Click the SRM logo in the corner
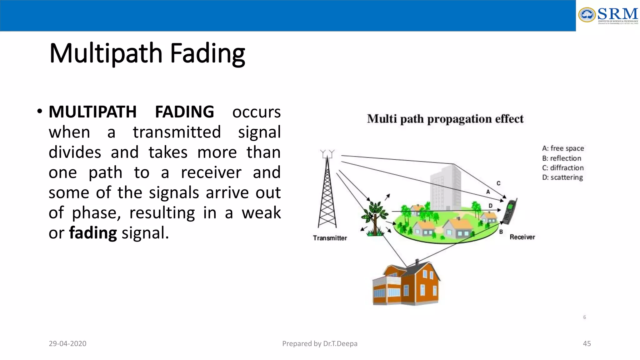tap(608, 15)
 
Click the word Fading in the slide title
tap(207, 53)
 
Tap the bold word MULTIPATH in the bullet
tap(92, 112)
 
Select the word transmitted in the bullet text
tap(177, 132)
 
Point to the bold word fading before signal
tap(93, 233)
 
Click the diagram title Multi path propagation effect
tap(445, 119)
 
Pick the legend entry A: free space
tap(563, 148)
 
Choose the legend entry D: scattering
tap(562, 177)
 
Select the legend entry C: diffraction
tap(562, 168)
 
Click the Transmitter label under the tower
tap(330, 238)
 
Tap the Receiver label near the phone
tap(522, 237)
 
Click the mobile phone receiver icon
tap(510, 212)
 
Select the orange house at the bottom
tap(406, 284)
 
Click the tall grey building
tap(446, 187)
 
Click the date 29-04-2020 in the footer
tap(67, 344)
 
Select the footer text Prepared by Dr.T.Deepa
tap(320, 344)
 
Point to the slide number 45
tap(587, 344)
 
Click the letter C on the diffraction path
tap(498, 183)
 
